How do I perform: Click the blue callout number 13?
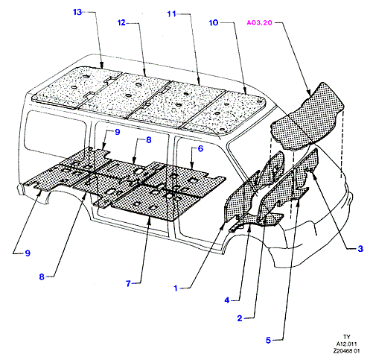coord(77,12)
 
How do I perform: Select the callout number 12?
coord(121,23)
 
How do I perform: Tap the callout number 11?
coord(171,14)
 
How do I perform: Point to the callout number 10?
coord(214,22)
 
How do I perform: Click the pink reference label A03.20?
coord(259,22)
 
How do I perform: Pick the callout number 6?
coord(200,148)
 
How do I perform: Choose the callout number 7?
coord(128,283)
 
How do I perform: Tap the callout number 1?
coord(176,288)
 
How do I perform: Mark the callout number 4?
coord(227,300)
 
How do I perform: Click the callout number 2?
coord(240,318)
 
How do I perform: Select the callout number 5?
coord(268,340)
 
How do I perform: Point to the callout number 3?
coord(360,249)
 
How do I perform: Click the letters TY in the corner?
coord(346,337)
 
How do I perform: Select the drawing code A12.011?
coord(346,344)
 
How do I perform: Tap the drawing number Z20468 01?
coord(346,351)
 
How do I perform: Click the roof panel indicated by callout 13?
coord(77,87)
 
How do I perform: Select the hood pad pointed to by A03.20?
coord(307,117)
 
